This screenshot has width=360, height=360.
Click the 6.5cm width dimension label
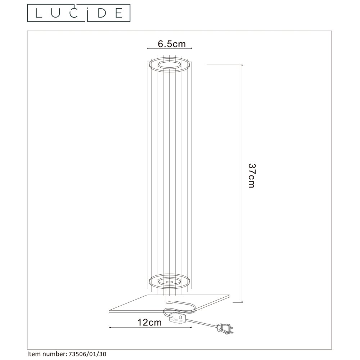171,44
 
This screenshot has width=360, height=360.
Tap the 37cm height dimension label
252,176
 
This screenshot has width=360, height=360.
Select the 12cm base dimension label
149,322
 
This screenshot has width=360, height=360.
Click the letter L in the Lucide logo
39,13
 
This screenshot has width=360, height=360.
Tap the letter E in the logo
119,13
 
